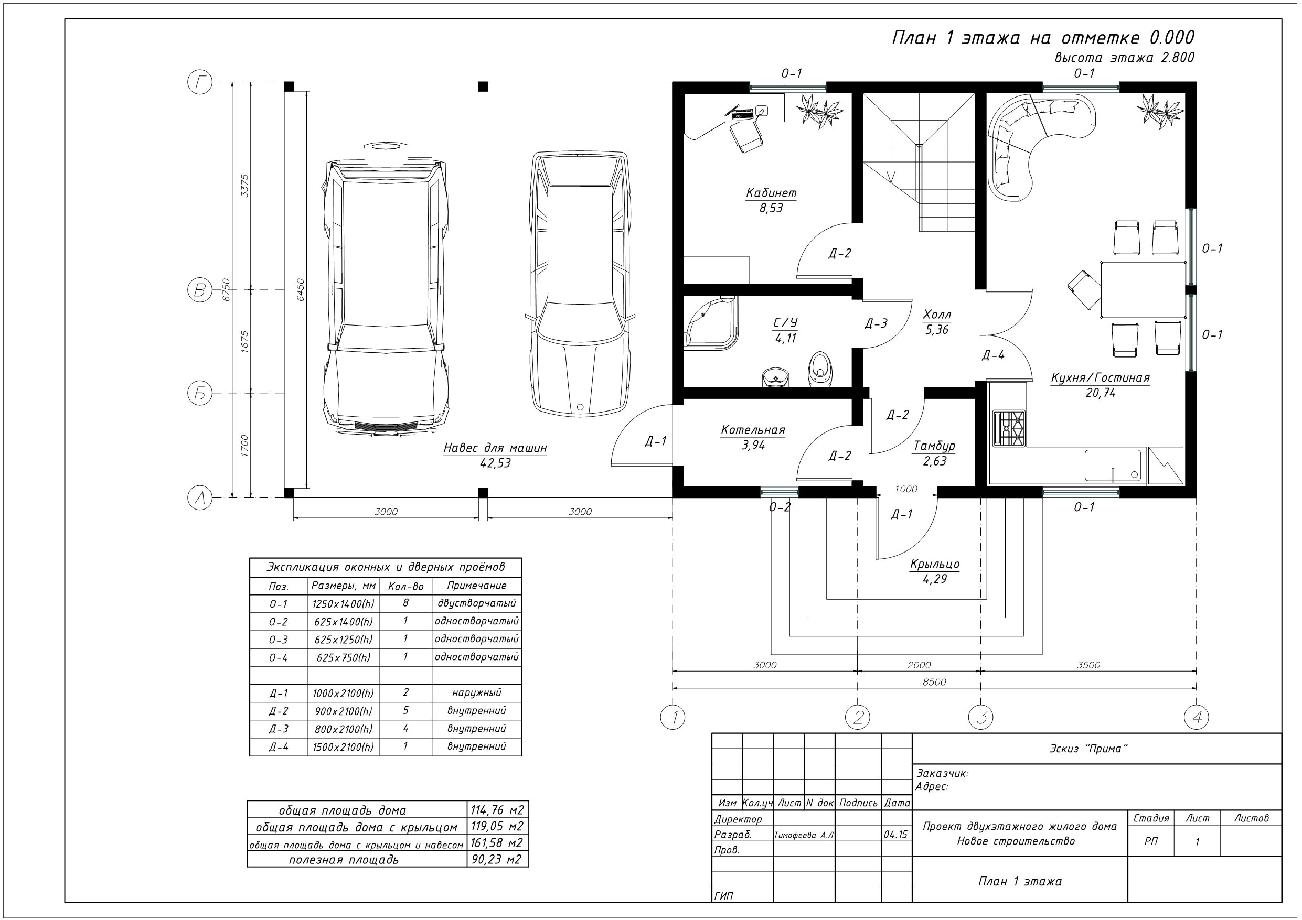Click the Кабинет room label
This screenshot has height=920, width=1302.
coord(771,193)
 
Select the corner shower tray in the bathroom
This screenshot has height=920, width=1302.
coord(709,323)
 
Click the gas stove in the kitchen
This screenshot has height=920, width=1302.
coord(1009,428)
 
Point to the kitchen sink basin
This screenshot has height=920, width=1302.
coord(1113,466)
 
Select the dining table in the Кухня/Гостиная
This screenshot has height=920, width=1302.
coord(1143,290)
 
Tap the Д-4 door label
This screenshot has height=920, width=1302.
coord(993,355)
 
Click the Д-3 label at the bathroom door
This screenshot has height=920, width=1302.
coord(876,323)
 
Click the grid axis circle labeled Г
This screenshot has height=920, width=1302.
coord(200,83)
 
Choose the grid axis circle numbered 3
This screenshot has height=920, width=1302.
coord(981,717)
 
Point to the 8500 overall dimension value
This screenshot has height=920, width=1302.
coord(934,682)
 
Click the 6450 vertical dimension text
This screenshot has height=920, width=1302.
coord(301,290)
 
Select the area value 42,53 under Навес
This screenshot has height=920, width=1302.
coord(495,463)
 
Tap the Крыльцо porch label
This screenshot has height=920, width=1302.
coord(935,564)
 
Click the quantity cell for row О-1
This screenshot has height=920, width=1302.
coord(405,603)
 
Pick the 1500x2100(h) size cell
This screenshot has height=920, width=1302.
coord(343,746)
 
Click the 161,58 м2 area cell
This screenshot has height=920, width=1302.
coord(497,842)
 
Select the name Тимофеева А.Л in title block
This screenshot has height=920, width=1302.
coord(804,835)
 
